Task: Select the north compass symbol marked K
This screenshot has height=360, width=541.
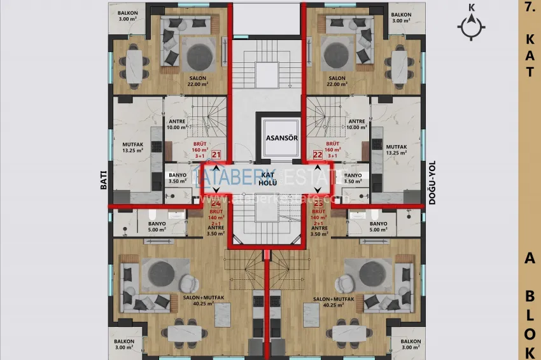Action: [471, 25]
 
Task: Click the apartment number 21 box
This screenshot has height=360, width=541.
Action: [216, 155]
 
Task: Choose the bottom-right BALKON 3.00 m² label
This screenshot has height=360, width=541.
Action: [411, 344]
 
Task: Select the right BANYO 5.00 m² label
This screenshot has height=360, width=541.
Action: [378, 226]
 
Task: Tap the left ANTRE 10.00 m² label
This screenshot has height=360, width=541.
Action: [177, 124]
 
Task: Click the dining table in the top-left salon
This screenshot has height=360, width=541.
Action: [134, 66]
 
